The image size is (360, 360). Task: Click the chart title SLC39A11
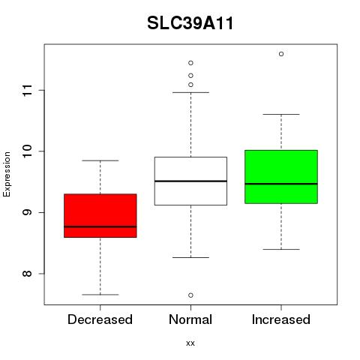(x=190, y=23)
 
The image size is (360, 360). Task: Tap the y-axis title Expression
(x=7, y=174)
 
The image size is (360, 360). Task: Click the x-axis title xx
(x=190, y=343)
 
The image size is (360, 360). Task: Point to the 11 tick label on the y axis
(x=27, y=90)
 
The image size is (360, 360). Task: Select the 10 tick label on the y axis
(x=27, y=151)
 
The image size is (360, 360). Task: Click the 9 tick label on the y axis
(x=27, y=212)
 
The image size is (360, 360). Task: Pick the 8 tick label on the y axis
(x=27, y=274)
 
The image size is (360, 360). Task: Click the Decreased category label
(x=100, y=319)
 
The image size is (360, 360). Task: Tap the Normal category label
(x=190, y=319)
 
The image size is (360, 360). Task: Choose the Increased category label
(x=281, y=319)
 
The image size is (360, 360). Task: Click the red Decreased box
(x=100, y=215)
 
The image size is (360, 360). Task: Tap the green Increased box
(x=281, y=177)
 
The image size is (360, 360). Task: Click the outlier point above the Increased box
(x=281, y=54)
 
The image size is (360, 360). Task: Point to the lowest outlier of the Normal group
(x=190, y=295)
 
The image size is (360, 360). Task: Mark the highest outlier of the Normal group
(x=190, y=63)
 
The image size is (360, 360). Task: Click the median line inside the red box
(x=100, y=226)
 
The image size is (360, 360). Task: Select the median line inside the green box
(x=281, y=184)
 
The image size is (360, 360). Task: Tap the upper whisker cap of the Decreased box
(x=100, y=160)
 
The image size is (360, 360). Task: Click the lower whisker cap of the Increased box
(x=281, y=249)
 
